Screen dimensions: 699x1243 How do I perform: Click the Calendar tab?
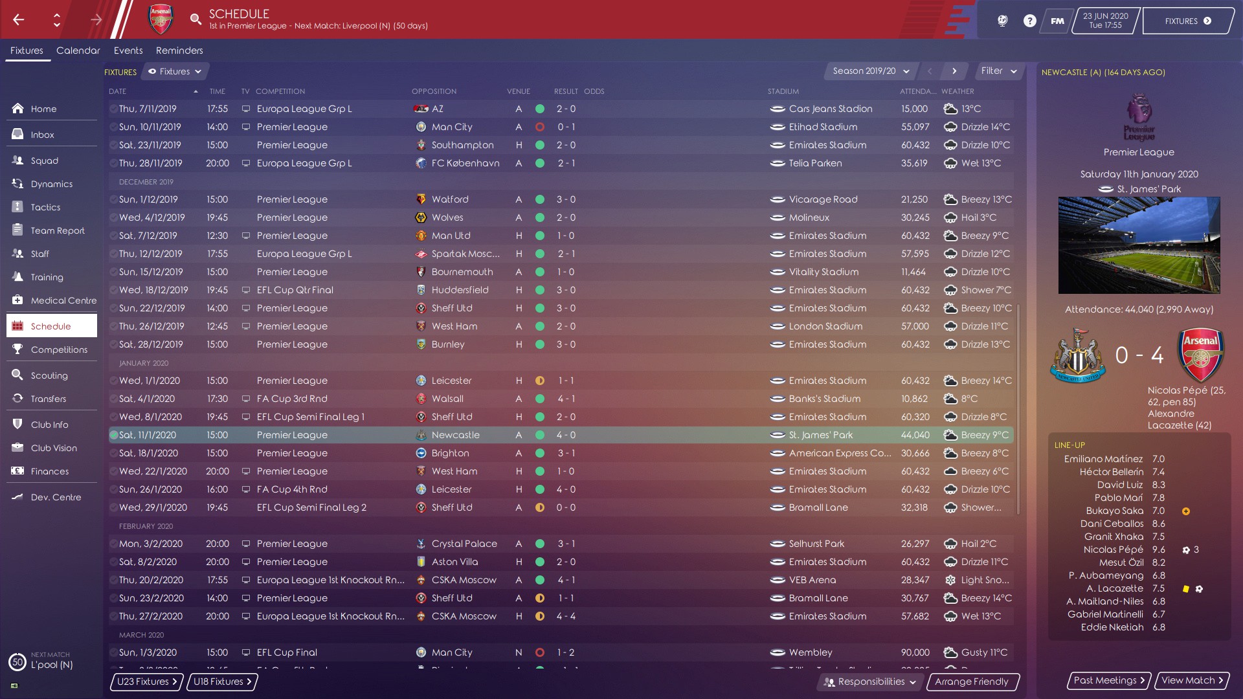78,50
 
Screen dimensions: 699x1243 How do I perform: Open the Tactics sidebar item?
45,207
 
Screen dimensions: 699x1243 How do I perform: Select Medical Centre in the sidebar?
63,300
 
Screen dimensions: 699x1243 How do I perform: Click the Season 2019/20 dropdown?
871,71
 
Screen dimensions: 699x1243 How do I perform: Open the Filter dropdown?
998,71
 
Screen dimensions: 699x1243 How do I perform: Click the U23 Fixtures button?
147,682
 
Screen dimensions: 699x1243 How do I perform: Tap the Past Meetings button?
1109,680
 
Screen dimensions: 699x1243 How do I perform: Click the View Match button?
1192,680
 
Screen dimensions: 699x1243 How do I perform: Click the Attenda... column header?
917,91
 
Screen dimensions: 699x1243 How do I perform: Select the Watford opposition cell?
450,199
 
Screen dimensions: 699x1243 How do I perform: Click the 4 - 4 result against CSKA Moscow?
566,616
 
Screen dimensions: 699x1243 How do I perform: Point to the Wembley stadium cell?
810,652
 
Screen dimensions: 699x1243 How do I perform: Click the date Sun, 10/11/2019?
150,127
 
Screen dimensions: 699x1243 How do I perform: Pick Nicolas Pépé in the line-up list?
1113,549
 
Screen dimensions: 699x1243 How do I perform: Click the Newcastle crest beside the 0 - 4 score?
1077,355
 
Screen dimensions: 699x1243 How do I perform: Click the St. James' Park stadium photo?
1139,245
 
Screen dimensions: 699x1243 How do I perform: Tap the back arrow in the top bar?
19,19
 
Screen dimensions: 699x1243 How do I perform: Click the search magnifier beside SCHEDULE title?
196,19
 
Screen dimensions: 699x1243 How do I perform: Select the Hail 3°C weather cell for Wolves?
978,217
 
